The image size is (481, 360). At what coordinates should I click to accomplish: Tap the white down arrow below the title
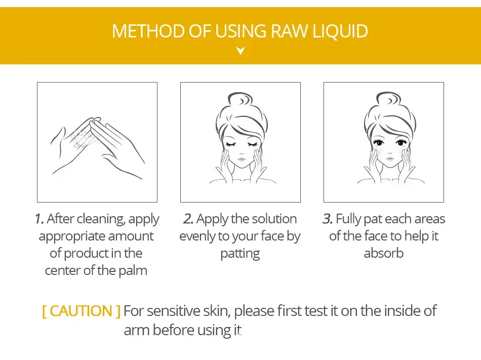(x=240, y=51)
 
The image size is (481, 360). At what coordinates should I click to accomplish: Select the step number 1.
(x=39, y=219)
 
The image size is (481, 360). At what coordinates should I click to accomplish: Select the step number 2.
(x=188, y=219)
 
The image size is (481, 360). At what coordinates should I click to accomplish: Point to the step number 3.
(x=327, y=219)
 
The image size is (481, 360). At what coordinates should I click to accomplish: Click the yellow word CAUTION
(x=81, y=311)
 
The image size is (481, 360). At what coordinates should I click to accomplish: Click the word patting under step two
(x=240, y=253)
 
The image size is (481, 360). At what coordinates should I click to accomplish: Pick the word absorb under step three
(x=383, y=253)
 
